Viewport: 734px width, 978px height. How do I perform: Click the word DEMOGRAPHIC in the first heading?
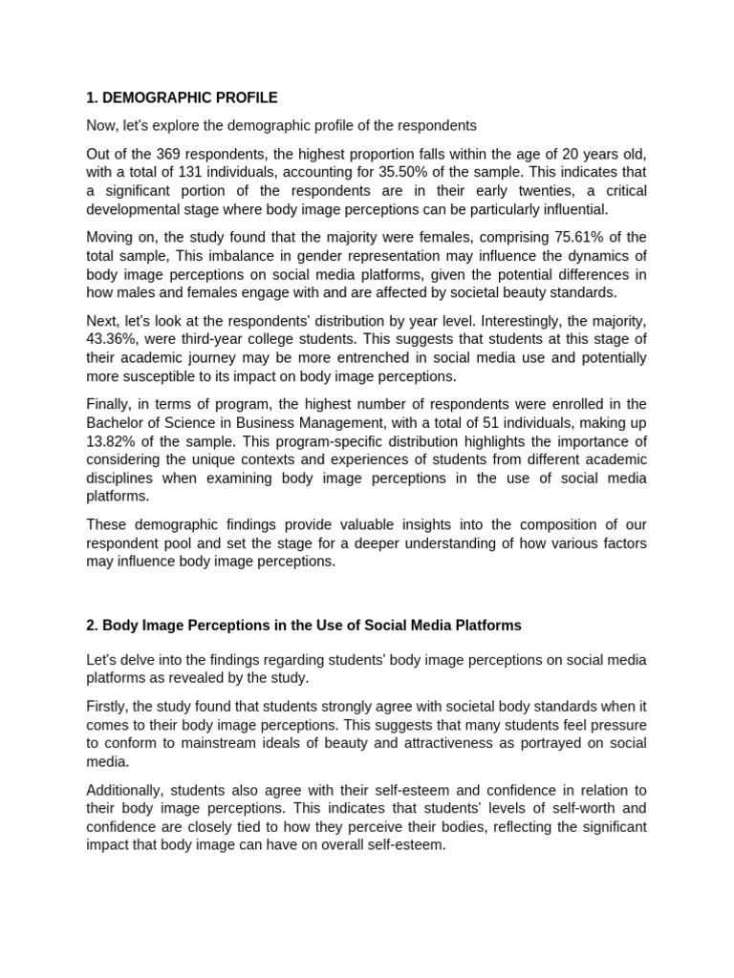pyautogui.click(x=150, y=97)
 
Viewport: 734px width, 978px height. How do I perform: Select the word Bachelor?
pyautogui.click(x=116, y=422)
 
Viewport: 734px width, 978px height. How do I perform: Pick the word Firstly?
pyautogui.click(x=106, y=707)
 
